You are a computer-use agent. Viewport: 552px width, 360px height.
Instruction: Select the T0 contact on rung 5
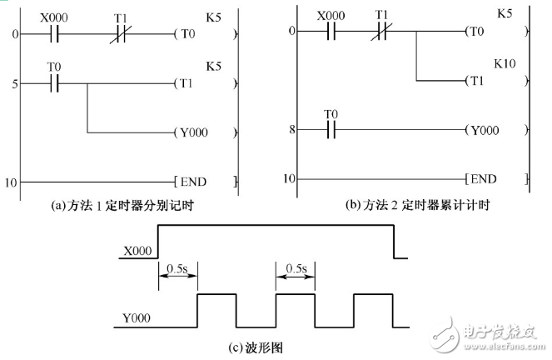pyautogui.click(x=54, y=84)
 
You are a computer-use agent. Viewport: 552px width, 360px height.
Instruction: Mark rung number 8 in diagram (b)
pyautogui.click(x=291, y=131)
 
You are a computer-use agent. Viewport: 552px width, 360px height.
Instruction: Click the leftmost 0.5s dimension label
pyautogui.click(x=177, y=268)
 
